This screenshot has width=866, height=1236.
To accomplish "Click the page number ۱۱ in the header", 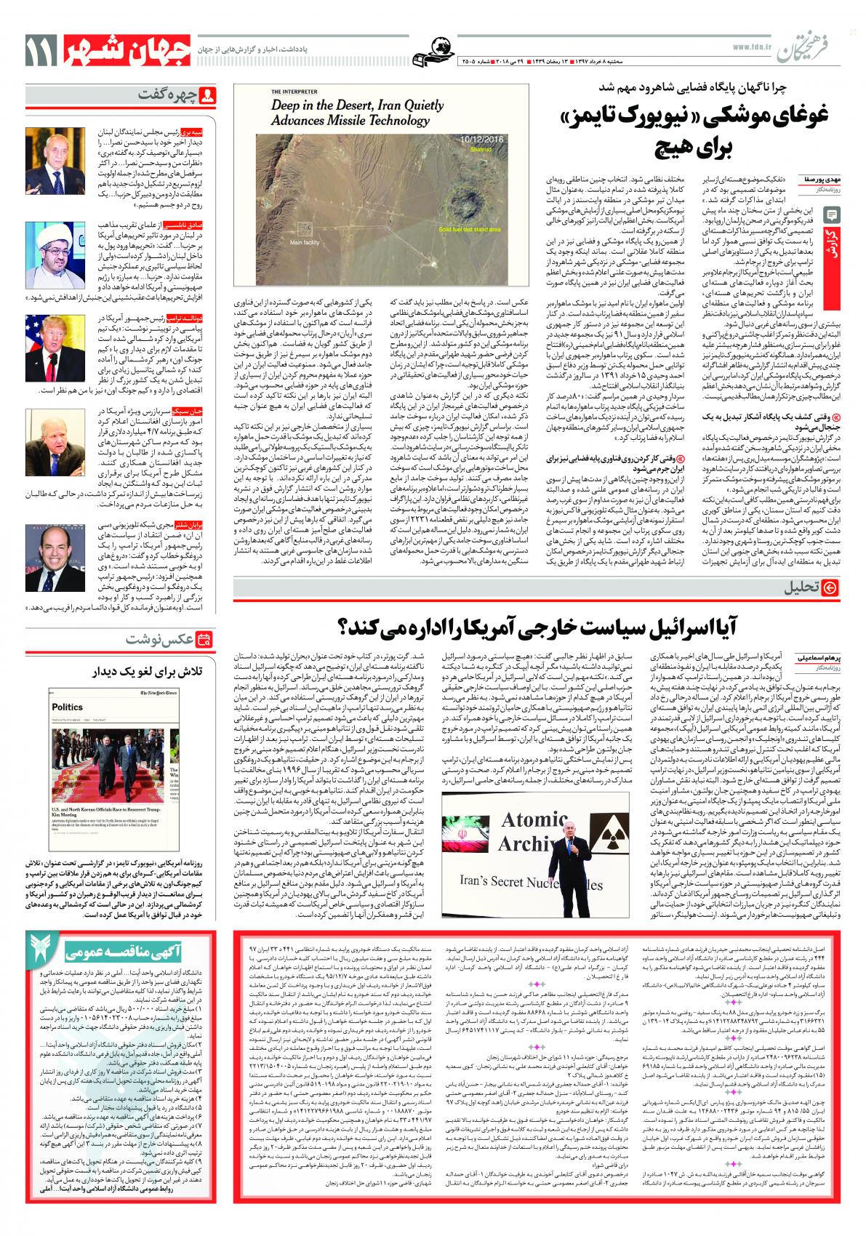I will point(37,52).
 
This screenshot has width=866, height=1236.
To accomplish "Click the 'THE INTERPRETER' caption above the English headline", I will point(294,92).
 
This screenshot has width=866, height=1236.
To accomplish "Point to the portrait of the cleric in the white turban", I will point(46,246).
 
